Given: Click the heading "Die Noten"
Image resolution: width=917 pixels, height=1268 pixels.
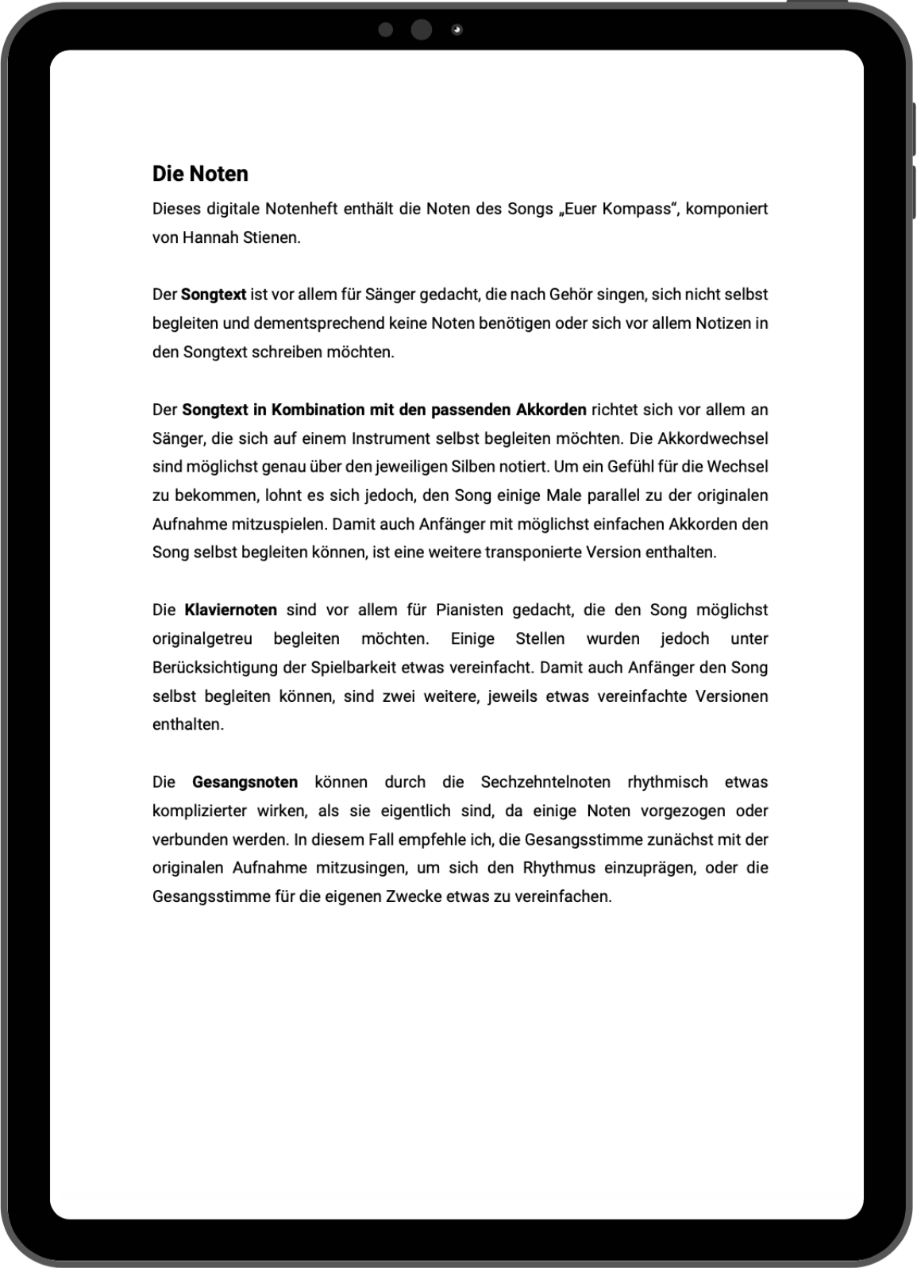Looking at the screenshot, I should click(200, 174).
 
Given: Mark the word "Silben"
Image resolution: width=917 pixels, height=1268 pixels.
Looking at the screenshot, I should click(473, 467).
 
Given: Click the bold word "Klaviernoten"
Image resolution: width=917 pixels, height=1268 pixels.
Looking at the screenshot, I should click(230, 610).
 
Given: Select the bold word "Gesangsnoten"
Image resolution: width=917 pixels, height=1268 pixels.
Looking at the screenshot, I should click(245, 782).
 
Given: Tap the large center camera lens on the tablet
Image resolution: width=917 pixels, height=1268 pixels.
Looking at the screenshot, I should click(422, 30).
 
